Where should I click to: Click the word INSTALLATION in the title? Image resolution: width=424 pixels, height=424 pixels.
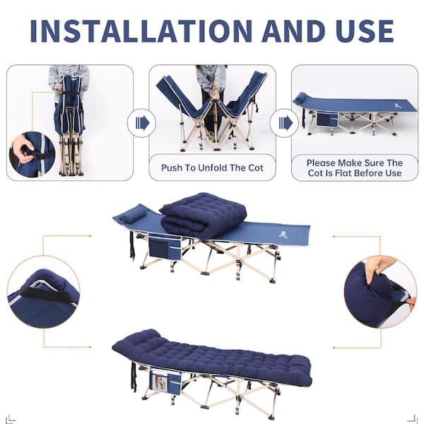coord(141,31)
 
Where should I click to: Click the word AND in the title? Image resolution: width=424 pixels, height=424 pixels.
coord(294,31)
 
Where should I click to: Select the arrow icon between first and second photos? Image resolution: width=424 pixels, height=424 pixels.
coord(142,123)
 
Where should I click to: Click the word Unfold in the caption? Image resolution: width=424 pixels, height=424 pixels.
coord(213,167)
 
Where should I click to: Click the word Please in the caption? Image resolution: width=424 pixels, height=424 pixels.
coord(321,163)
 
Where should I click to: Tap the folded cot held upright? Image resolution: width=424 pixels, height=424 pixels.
coord(70,124)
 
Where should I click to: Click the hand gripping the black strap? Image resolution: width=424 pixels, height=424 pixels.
coord(23,150)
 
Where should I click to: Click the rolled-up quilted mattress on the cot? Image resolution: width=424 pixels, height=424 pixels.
coord(203,214)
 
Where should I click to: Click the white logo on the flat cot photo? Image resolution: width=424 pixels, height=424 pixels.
coord(397,105)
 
